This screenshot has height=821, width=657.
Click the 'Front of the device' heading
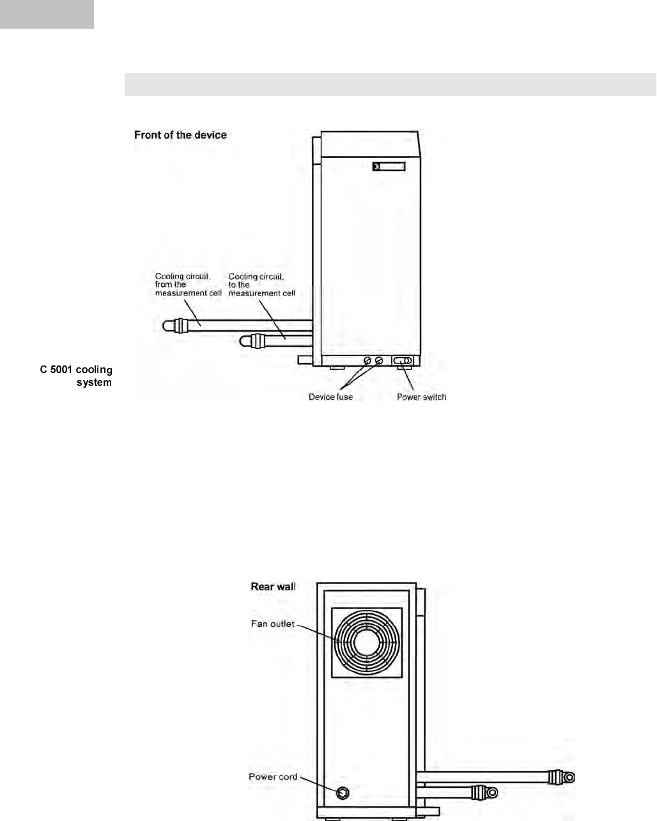pyautogui.click(x=180, y=135)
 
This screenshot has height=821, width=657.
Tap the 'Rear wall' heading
pyautogui.click(x=273, y=587)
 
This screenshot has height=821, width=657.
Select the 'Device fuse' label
pyautogui.click(x=330, y=397)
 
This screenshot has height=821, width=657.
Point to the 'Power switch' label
pyautogui.click(x=421, y=397)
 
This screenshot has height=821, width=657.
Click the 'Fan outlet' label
pyautogui.click(x=273, y=624)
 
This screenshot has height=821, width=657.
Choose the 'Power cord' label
pyautogui.click(x=273, y=777)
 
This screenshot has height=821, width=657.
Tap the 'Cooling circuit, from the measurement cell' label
pyautogui.click(x=188, y=284)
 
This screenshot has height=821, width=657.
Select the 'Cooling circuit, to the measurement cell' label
pyautogui.click(x=261, y=284)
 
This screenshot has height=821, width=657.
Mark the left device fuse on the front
pyautogui.click(x=367, y=362)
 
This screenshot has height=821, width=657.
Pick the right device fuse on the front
pyautogui.click(x=379, y=362)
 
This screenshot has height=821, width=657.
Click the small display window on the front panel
pyautogui.click(x=389, y=167)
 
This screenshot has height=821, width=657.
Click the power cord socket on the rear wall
pyautogui.click(x=343, y=793)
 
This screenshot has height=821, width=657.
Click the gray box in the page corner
pyautogui.click(x=47, y=14)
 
